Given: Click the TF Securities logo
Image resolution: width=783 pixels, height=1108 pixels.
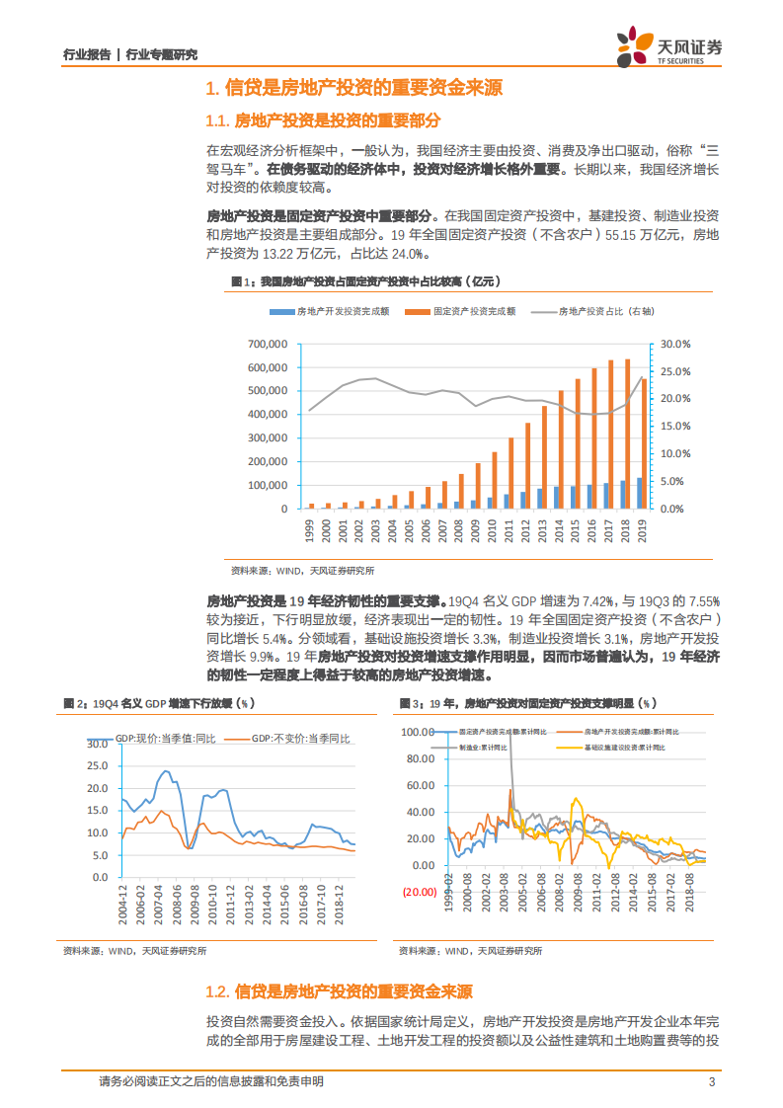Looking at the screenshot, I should click(x=668, y=48).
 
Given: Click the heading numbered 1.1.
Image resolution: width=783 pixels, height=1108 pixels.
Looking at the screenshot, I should click(x=322, y=120).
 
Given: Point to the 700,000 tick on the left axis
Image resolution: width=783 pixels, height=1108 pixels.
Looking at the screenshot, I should click(x=265, y=344).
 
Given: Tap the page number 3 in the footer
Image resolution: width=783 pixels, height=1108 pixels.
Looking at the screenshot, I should click(x=711, y=1081).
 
